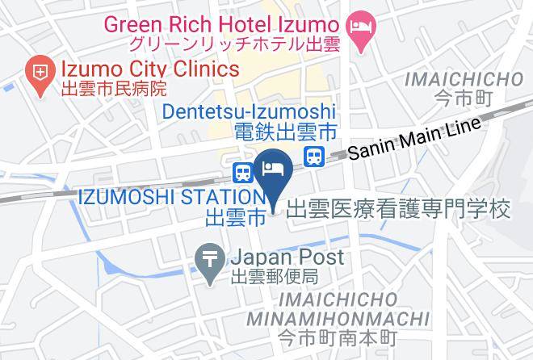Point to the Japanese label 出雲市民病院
point(114,89)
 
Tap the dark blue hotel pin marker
point(272,169)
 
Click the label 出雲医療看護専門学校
point(399,209)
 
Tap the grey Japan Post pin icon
point(209,264)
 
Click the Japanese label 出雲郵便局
point(275,278)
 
